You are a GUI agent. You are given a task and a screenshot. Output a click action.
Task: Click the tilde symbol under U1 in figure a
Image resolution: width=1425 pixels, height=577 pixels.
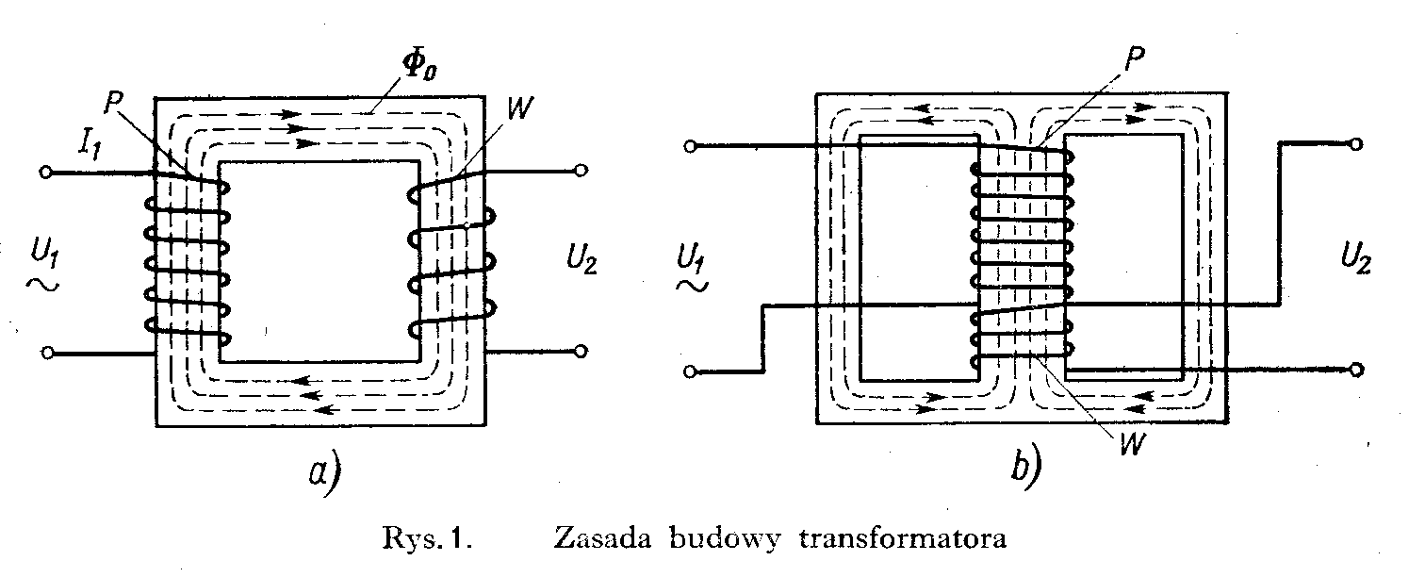tap(43, 283)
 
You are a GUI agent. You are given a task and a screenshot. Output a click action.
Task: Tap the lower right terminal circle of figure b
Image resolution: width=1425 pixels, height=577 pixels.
tap(1357, 369)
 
